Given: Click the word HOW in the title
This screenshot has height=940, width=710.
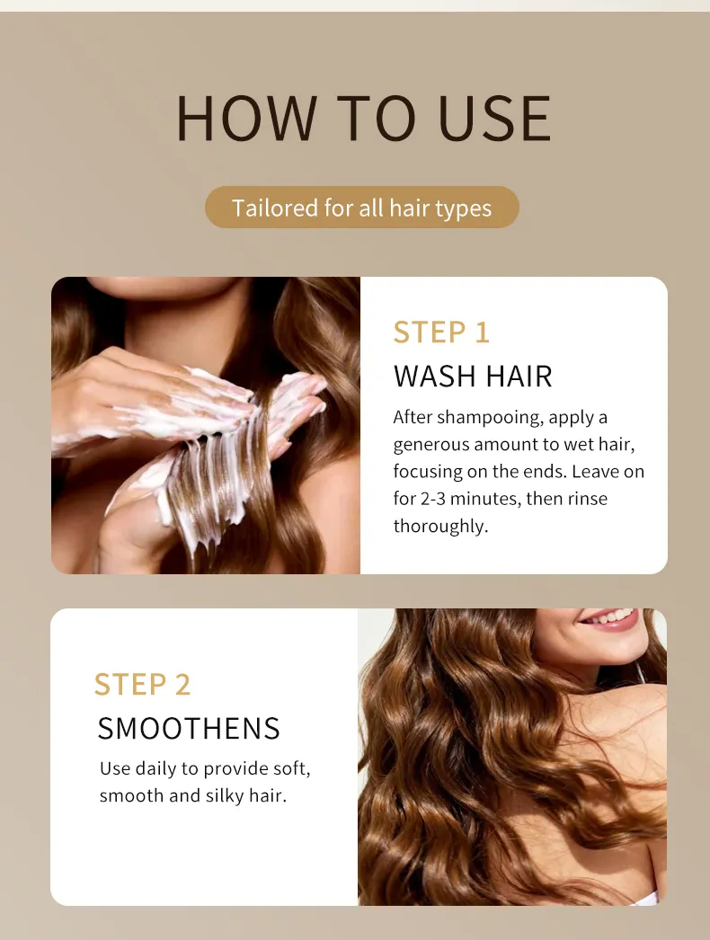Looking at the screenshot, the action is tap(246, 118).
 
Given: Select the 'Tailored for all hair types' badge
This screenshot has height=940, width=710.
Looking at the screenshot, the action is tap(361, 208).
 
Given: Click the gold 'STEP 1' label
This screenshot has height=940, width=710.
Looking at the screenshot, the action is tap(441, 333).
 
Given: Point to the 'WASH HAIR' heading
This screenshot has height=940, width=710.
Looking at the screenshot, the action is tap(473, 377).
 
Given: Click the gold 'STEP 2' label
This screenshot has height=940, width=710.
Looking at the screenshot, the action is tap(142, 685).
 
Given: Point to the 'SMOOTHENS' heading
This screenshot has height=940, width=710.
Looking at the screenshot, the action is tap(189, 729).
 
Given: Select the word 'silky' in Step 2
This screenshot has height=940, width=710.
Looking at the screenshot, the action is tap(225, 796).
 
